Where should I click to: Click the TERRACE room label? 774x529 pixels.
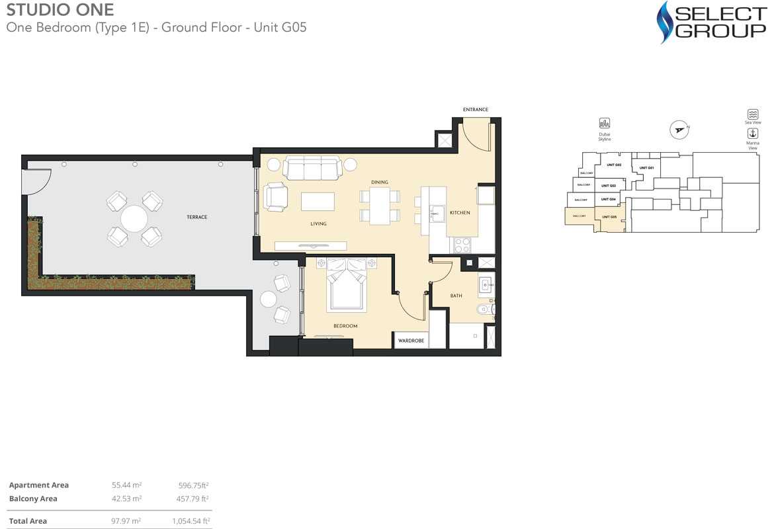196,217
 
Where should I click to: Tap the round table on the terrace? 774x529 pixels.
134,218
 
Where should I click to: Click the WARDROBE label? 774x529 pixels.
411,341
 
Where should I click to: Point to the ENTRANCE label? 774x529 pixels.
475,110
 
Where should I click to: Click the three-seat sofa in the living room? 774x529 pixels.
312,168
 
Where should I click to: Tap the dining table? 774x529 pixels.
380,206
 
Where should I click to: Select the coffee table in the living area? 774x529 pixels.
318,201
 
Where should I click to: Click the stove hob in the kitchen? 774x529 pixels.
462,245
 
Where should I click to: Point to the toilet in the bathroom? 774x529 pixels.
488,309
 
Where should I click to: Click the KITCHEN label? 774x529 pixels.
460,213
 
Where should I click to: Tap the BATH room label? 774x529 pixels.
456,296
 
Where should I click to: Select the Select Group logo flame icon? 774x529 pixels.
666,21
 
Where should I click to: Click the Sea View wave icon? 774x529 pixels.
752,114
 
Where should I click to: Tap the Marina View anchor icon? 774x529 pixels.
752,134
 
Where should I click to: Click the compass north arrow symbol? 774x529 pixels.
678,130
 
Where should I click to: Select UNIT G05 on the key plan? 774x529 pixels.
609,217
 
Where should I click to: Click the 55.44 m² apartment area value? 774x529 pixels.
127,485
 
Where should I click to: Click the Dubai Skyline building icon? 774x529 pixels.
604,124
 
